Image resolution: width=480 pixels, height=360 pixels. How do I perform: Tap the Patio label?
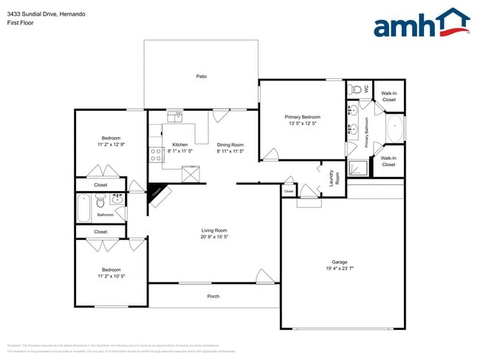click(201, 76)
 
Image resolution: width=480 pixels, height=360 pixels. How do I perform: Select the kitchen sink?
click(175, 116)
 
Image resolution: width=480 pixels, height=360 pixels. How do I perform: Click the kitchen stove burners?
click(156, 154)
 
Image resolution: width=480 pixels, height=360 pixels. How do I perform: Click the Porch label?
click(213, 296)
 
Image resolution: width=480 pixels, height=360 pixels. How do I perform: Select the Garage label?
click(340, 262)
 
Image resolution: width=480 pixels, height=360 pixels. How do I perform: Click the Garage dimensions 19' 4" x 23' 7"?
click(340, 269)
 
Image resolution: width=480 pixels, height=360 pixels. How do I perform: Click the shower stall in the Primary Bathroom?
click(357, 169)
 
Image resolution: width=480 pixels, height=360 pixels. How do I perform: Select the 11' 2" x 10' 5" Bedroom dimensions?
click(111, 277)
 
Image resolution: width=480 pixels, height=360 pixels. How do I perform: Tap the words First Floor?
click(21, 23)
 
